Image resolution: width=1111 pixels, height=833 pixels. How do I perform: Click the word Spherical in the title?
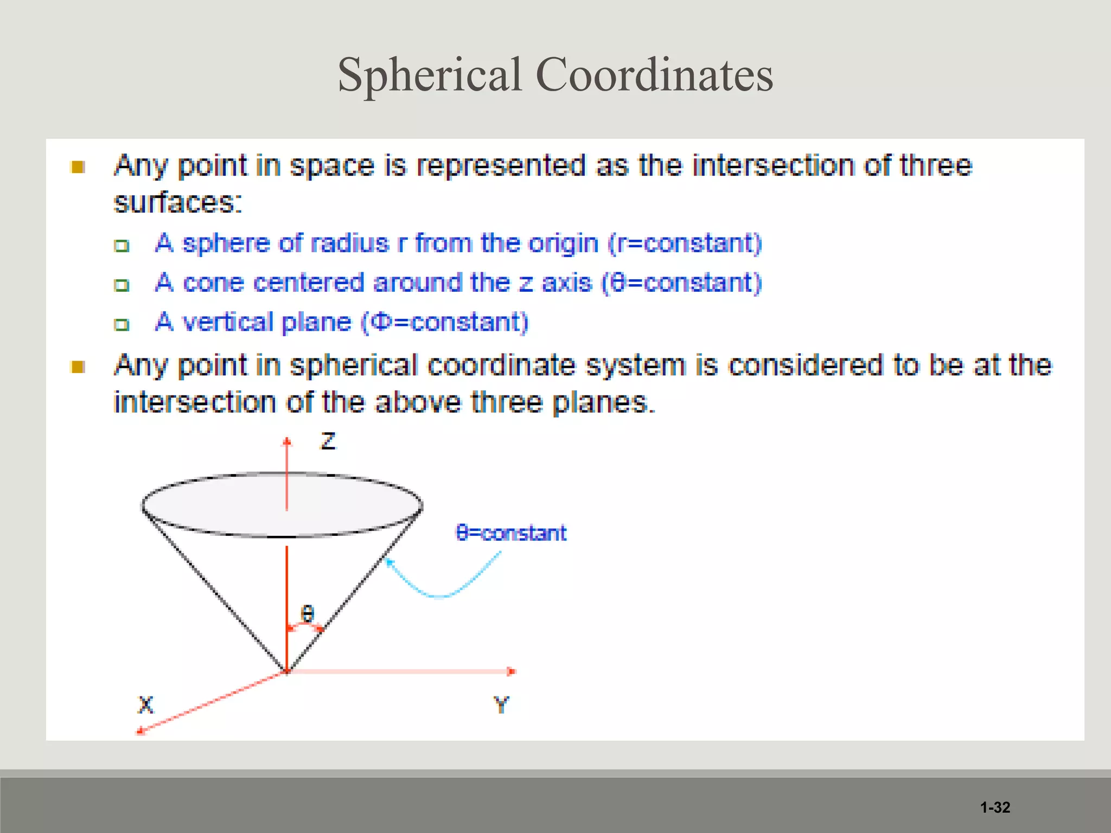click(x=430, y=75)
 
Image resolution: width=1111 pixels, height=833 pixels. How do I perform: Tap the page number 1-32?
click(x=995, y=808)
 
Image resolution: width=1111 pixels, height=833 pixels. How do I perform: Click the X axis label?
click(x=146, y=705)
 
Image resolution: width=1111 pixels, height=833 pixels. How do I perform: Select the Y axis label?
click(x=501, y=705)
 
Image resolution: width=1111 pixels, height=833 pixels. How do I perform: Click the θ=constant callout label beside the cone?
click(x=511, y=533)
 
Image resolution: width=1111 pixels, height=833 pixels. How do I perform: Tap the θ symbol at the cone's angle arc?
click(x=308, y=614)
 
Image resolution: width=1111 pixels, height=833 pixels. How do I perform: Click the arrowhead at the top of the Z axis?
click(x=287, y=441)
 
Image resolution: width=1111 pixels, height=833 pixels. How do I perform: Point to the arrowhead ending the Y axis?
click(x=512, y=671)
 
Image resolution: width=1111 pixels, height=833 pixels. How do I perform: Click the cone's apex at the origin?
click(x=287, y=671)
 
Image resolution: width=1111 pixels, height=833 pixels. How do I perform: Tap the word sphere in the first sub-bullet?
click(x=226, y=244)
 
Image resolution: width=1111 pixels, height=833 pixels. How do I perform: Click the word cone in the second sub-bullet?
click(x=214, y=283)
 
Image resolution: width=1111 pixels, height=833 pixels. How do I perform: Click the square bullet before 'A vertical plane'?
click(x=122, y=325)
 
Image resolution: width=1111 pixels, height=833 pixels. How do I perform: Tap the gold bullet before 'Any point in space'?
click(x=78, y=167)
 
